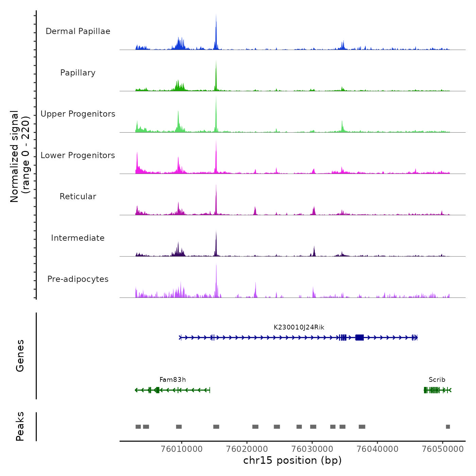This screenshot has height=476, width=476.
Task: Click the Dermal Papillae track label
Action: coord(78,31)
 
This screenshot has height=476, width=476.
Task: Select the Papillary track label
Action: coord(78,73)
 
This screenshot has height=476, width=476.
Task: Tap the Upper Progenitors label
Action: coord(78,114)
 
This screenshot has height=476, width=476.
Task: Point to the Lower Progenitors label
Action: coord(78,155)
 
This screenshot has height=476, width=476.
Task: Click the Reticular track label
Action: coord(78,197)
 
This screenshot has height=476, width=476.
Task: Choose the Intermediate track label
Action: coord(78,238)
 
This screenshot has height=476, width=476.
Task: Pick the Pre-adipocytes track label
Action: coord(78,279)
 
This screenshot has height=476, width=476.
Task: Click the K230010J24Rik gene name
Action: coord(299,327)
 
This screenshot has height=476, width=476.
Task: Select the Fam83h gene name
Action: coord(173,380)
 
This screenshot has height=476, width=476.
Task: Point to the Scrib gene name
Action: coord(437,380)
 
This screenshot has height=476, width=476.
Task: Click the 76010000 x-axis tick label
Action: coord(182,449)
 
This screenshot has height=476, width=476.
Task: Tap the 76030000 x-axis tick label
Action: coord(312,449)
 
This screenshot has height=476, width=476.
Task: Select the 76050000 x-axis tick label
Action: coord(442,449)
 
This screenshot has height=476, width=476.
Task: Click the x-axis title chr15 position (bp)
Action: coord(292,461)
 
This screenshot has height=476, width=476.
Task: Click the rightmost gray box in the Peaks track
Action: coord(448,427)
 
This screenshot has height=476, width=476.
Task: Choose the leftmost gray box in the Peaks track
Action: coord(138,427)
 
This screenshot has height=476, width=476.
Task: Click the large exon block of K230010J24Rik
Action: coord(359,337)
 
